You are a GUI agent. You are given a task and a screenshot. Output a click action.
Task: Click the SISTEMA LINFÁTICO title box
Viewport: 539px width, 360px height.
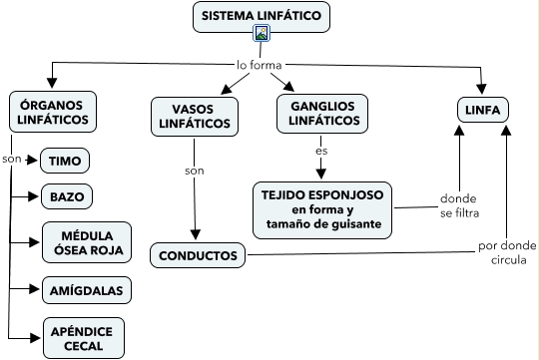pos(262,17)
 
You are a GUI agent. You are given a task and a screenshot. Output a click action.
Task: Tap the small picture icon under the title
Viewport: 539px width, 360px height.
pos(262,33)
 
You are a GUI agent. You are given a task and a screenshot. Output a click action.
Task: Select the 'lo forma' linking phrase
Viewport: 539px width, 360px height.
pos(260,65)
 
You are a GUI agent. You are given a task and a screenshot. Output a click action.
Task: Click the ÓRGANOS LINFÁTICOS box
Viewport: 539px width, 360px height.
pos(53,112)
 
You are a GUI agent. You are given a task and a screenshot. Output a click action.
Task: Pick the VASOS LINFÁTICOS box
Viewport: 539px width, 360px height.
pos(195,117)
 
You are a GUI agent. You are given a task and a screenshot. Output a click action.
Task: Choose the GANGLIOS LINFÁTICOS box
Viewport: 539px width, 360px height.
pos(322,114)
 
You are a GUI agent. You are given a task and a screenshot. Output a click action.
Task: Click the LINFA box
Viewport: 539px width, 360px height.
pos(483,110)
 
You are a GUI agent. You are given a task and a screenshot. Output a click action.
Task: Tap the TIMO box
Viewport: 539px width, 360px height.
pos(65,161)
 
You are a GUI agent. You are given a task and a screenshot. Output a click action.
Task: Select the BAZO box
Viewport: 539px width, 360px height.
pos(67,196)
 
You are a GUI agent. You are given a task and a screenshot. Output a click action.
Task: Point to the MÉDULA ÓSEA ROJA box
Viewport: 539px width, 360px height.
pos(87,242)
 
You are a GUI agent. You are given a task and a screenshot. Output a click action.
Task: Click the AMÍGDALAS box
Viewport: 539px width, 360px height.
pos(87,290)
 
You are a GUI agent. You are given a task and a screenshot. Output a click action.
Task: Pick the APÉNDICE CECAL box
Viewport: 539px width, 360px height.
pos(84,338)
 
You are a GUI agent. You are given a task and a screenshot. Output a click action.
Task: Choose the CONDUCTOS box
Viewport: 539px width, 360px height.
pos(198,255)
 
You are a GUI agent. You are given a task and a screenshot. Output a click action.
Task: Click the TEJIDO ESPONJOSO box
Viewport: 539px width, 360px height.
pos(322,210)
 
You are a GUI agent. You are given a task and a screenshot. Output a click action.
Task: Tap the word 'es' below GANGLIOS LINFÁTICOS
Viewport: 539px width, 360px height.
pos(321,151)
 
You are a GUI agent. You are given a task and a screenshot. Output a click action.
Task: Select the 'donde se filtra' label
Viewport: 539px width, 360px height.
pos(459,205)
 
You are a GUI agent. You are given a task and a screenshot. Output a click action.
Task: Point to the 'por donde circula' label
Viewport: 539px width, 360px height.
pos(507,252)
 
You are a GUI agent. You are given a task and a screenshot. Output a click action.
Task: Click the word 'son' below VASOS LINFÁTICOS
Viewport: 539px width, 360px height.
pos(195,171)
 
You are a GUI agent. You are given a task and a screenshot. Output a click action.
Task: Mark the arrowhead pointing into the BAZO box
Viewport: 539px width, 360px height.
pos(33,196)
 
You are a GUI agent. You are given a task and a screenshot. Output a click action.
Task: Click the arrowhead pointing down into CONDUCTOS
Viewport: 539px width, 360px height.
pos(196,235)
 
